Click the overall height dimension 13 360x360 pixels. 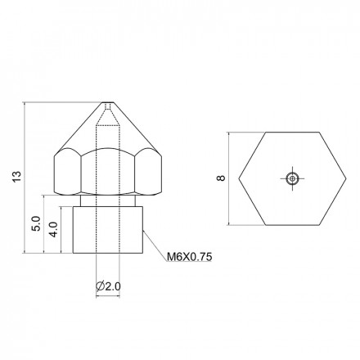pos(16,177)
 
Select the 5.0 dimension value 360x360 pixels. pos(36,223)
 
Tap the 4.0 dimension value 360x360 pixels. pos(53,229)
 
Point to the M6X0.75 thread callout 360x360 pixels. pos(189,257)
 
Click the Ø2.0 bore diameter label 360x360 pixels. pos(108,286)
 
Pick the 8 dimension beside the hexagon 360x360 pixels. pos(221,178)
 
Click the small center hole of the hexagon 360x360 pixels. pos(292,178)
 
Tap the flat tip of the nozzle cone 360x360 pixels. pos(108,102)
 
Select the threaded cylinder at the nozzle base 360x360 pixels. pos(108,230)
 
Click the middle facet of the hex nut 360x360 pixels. pos(108,172)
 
